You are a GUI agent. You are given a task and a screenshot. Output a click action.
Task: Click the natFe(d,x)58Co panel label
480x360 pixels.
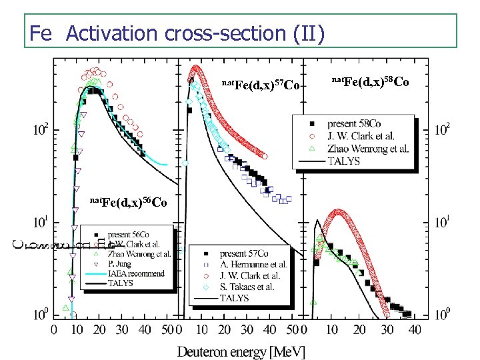click(370, 82)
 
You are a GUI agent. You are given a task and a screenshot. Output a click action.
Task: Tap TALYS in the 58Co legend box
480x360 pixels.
click(345, 160)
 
